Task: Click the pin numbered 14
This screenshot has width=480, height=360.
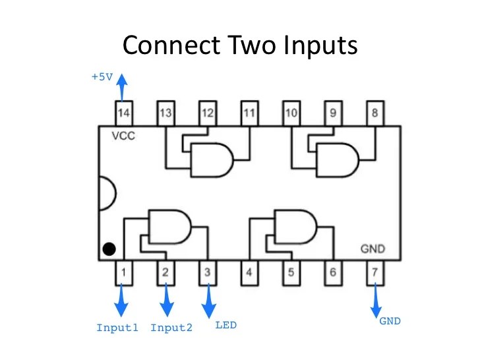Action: point(123,113)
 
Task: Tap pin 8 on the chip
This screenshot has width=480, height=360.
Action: point(375,113)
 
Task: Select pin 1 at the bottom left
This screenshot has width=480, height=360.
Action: point(123,272)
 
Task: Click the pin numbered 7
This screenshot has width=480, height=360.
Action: point(375,272)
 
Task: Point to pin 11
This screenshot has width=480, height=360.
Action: point(249,113)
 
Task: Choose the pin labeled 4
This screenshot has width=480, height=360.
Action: point(249,272)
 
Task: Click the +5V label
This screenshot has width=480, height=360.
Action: point(102,76)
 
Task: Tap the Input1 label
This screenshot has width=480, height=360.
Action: point(117,328)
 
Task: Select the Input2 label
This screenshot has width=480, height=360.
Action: point(171,328)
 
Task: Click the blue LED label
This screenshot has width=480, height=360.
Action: point(226,325)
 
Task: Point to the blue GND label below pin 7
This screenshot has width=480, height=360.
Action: point(389,322)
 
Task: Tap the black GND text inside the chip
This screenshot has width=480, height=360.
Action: point(373,249)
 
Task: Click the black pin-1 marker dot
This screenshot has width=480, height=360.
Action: point(109,249)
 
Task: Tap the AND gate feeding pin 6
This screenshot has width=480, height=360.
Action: point(295,226)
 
